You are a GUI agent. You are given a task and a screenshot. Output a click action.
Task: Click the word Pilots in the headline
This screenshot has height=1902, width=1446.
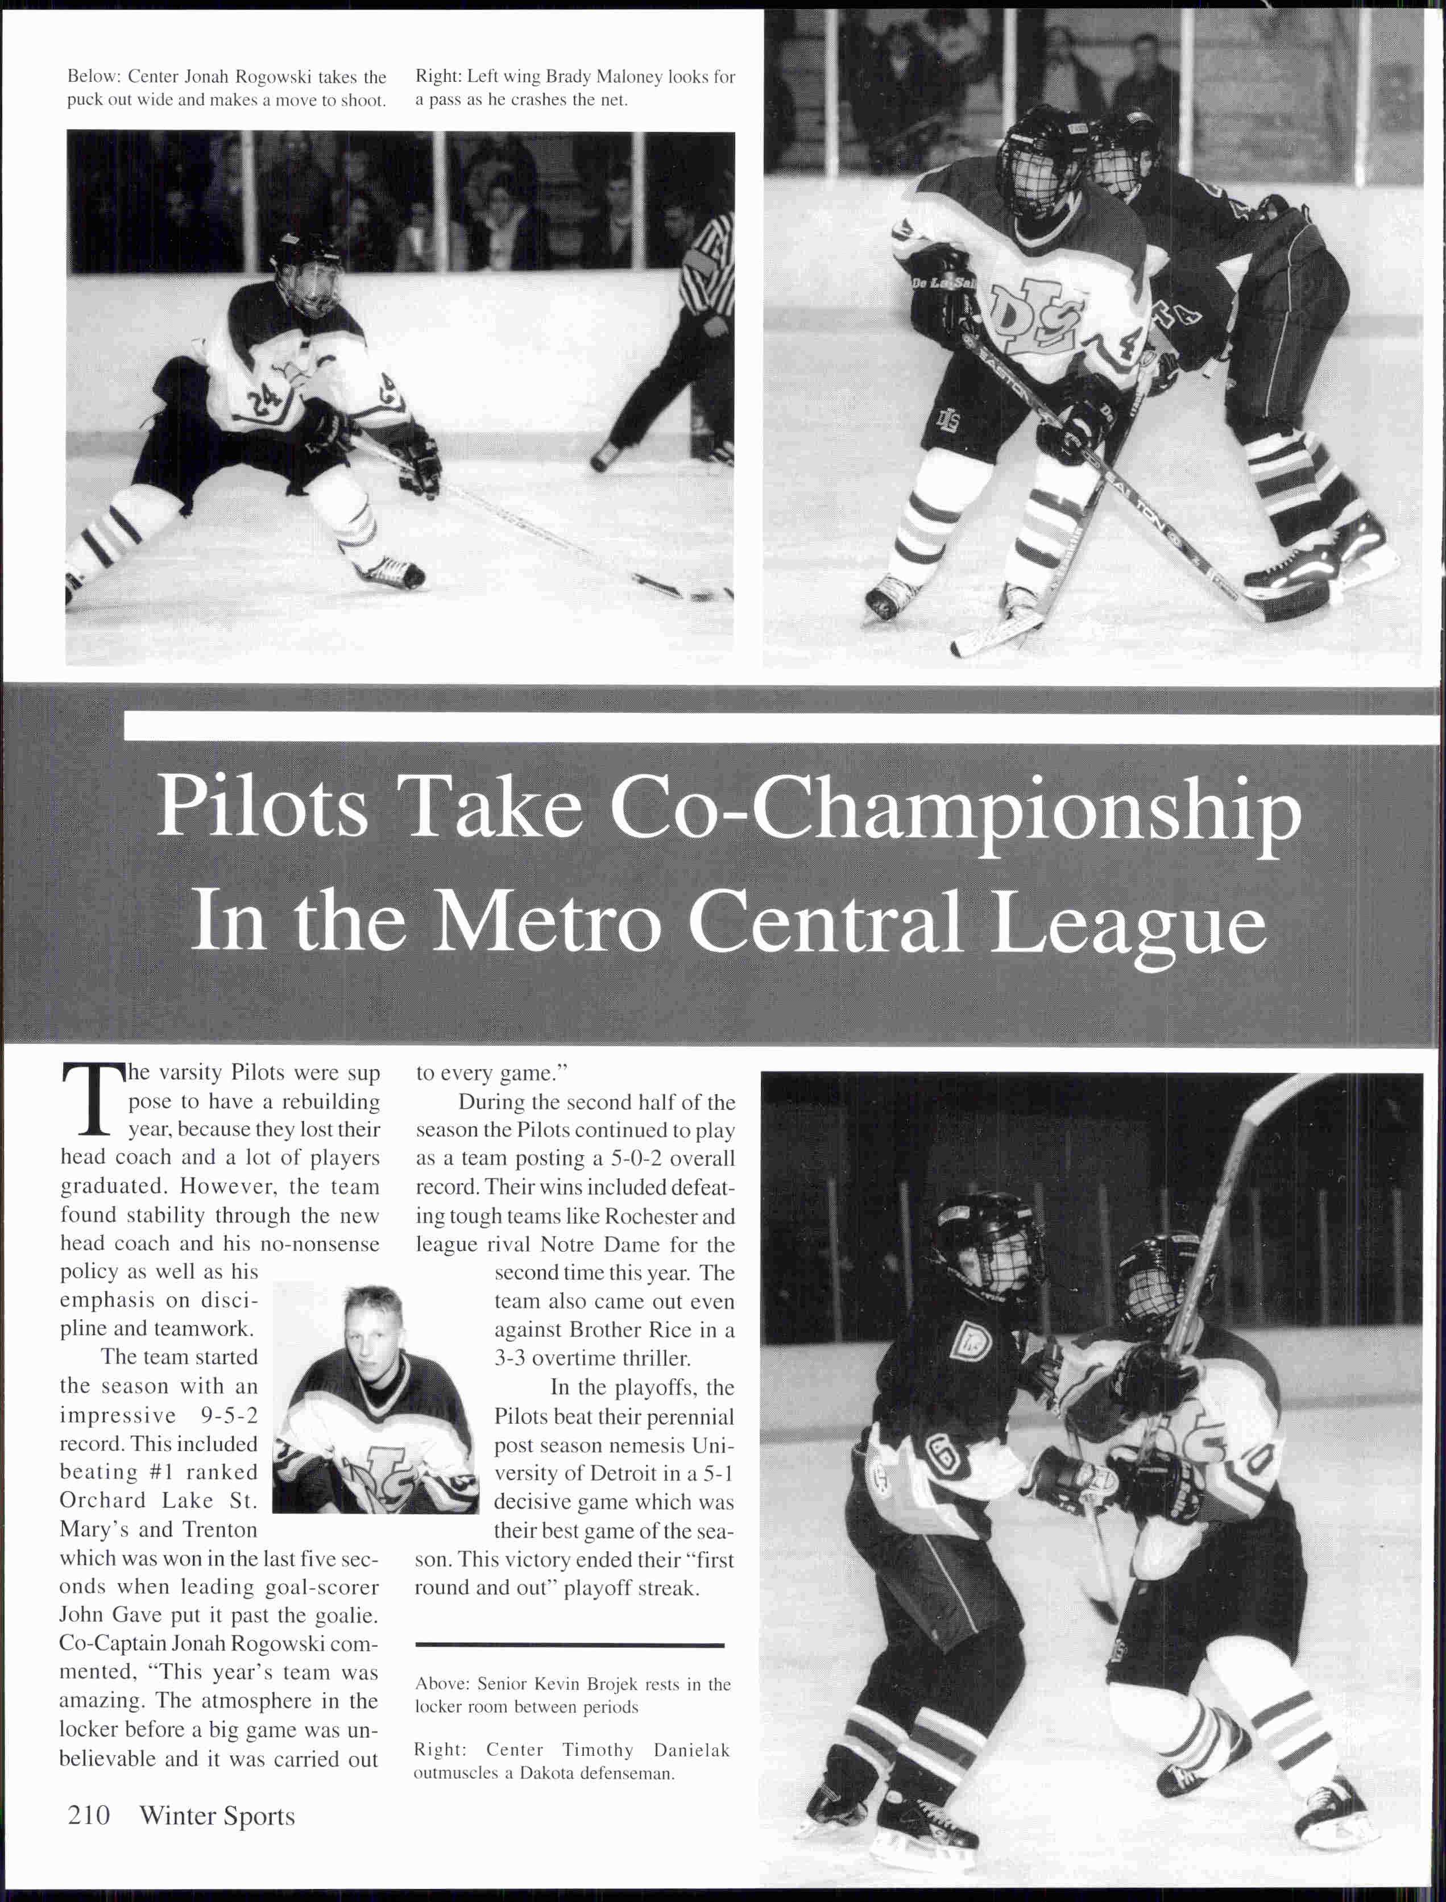263,808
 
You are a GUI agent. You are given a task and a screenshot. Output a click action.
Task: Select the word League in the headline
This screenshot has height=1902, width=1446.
1128,923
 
